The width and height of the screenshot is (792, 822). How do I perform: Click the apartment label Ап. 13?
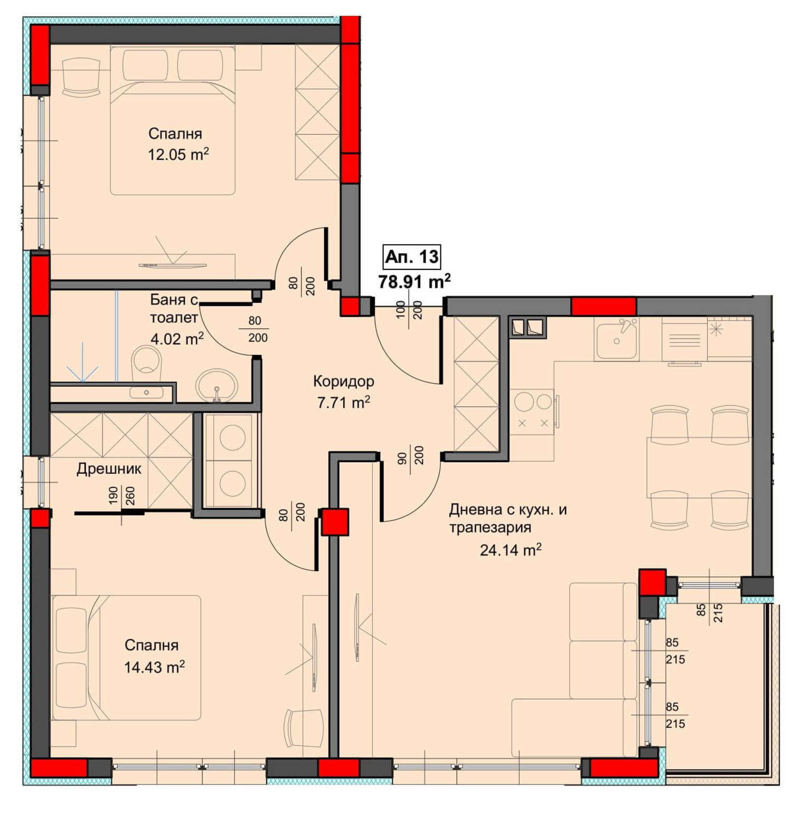tap(411, 257)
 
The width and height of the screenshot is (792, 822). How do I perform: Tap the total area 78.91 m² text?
tap(414, 282)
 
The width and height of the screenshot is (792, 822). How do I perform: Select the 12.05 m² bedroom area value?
tap(178, 155)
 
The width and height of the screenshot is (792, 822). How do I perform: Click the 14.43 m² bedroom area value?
tap(154, 667)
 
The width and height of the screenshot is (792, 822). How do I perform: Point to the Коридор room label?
tap(343, 381)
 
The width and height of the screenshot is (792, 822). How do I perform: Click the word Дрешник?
tap(109, 469)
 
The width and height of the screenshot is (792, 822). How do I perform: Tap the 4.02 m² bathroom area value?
tap(177, 339)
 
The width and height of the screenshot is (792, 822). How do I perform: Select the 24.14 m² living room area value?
tap(511, 550)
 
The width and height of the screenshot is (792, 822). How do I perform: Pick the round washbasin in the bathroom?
tap(216, 385)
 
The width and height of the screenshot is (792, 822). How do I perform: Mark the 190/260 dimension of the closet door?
tap(122, 496)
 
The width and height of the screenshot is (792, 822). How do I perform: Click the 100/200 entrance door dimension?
tap(409, 313)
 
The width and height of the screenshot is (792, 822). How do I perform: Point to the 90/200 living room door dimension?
tap(411, 455)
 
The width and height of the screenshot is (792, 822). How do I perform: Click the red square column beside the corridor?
tap(335, 522)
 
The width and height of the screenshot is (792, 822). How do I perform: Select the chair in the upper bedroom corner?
tap(81, 77)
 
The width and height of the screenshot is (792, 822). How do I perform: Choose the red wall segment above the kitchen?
tap(604, 306)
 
